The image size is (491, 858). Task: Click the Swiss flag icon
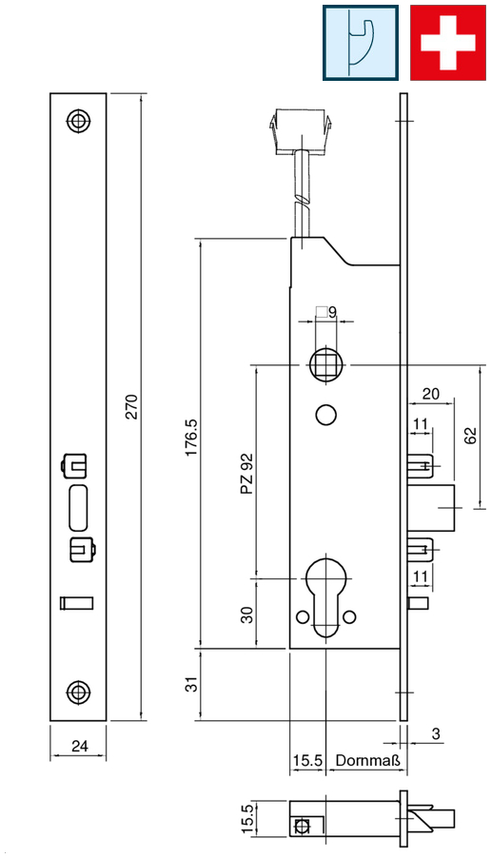pos(448,43)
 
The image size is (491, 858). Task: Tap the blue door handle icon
pos(361,43)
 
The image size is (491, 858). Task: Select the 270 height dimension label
pos(132,406)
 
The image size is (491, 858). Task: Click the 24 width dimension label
pos(79,745)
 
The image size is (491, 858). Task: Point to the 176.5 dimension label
pos(191,438)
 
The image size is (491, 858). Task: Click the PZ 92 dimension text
pos(247,474)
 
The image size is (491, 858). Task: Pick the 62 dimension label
pos(470,436)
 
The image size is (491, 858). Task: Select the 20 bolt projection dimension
pos(431,394)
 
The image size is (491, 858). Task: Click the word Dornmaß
pos(368,760)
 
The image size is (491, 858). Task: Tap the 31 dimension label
pos(191,685)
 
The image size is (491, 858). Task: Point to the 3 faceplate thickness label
pos(436,733)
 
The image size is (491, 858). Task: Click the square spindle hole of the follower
pos(325,364)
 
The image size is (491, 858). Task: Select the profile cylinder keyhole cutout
pos(325,596)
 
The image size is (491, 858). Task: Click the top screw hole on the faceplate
pos(79,121)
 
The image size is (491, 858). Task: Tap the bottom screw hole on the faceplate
pos(79,692)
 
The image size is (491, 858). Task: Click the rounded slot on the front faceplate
pos(78,507)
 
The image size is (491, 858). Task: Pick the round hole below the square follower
pos(325,415)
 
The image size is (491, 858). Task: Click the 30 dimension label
pos(247,615)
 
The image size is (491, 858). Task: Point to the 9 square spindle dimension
pos(332,312)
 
